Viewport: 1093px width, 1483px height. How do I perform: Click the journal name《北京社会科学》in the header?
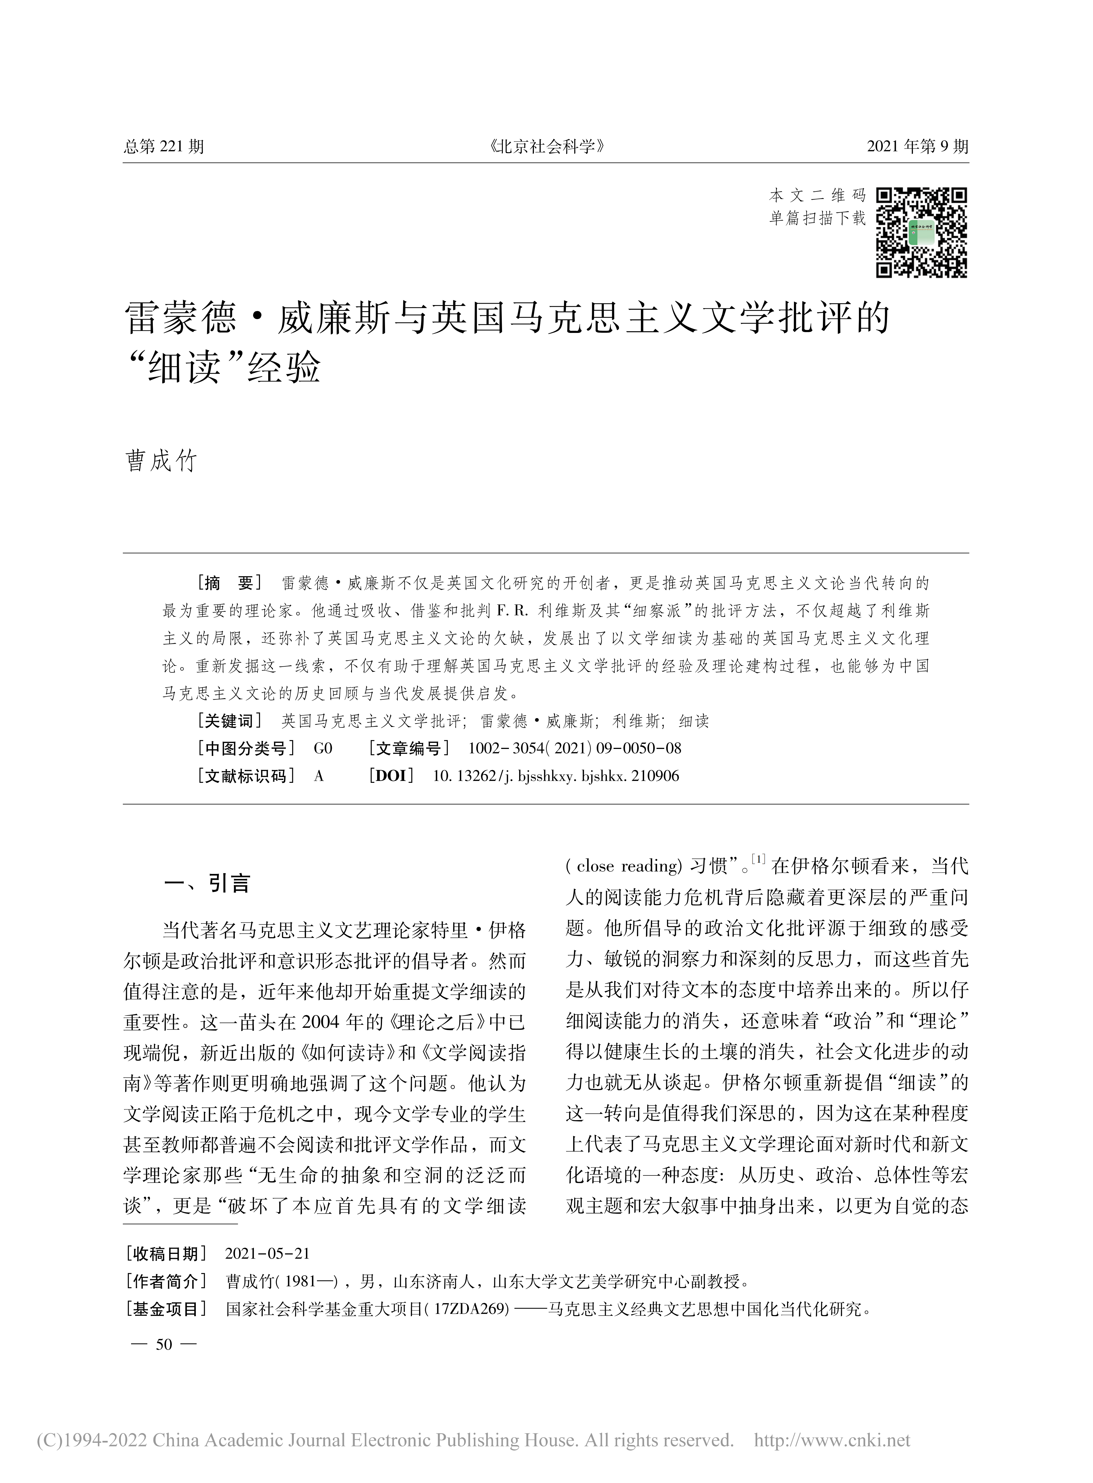[546, 146]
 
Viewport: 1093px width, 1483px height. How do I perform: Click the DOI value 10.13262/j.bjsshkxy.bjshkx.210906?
[556, 776]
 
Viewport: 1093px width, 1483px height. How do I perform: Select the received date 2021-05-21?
[267, 1253]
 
